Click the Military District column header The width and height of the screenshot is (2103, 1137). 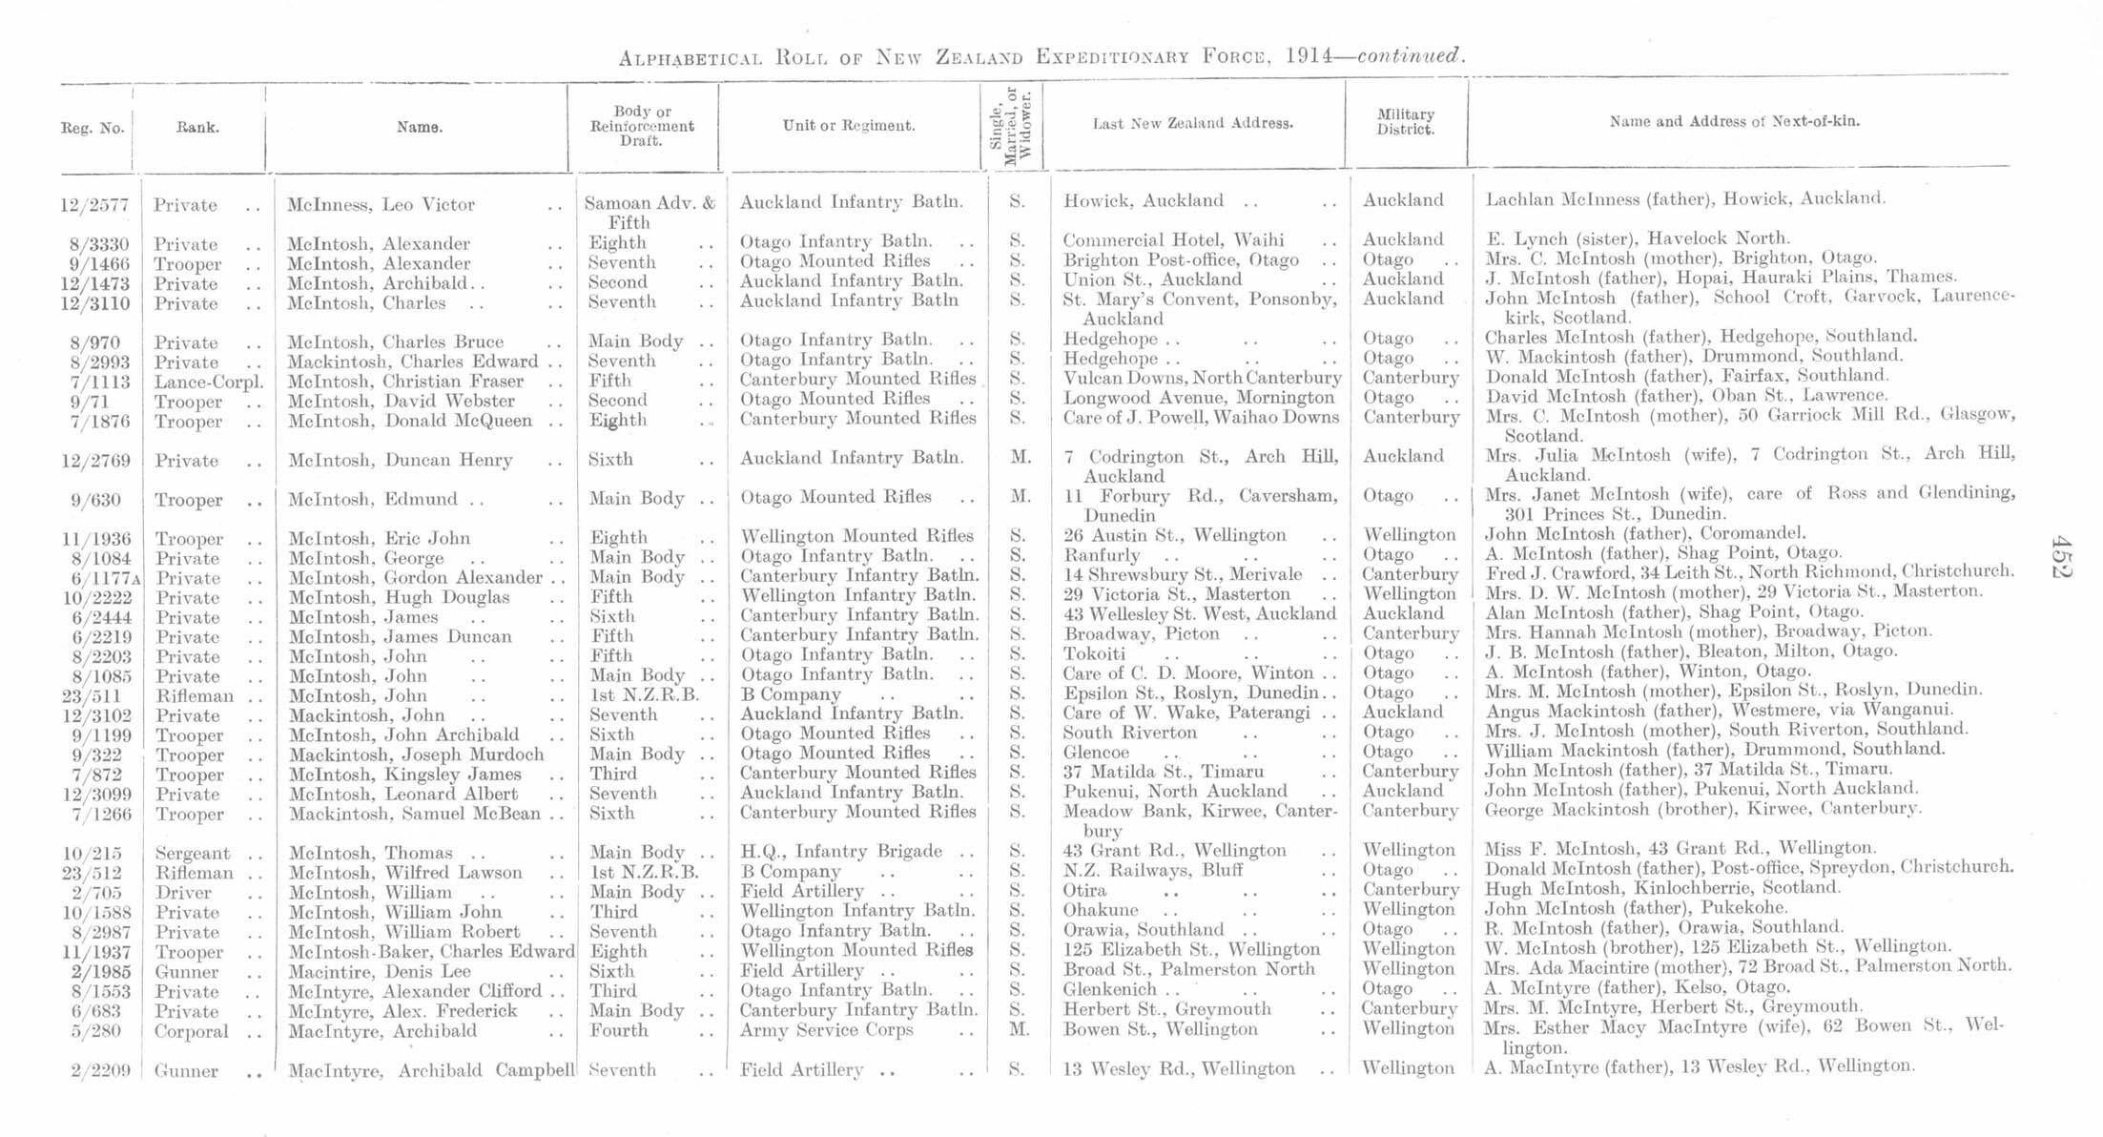tap(1405, 122)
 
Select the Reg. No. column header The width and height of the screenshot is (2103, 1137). tap(93, 128)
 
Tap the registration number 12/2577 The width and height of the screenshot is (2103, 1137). tap(93, 205)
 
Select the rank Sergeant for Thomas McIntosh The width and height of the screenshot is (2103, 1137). tap(193, 854)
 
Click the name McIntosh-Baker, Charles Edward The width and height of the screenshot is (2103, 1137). tap(430, 951)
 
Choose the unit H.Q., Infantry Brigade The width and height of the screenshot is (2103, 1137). tap(841, 851)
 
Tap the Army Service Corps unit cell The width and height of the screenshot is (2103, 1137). tap(826, 1030)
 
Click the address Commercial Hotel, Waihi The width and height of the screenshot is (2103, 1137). tap(1173, 240)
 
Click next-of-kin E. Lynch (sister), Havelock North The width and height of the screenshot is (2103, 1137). tap(1637, 238)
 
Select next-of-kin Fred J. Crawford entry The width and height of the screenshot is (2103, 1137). tap(1749, 572)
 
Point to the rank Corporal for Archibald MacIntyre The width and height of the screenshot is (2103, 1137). tap(192, 1031)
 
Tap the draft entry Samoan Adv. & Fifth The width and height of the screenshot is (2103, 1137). tap(649, 212)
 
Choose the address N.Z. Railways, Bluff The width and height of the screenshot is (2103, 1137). tap(1153, 870)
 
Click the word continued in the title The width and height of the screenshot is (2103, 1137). tap(1410, 55)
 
